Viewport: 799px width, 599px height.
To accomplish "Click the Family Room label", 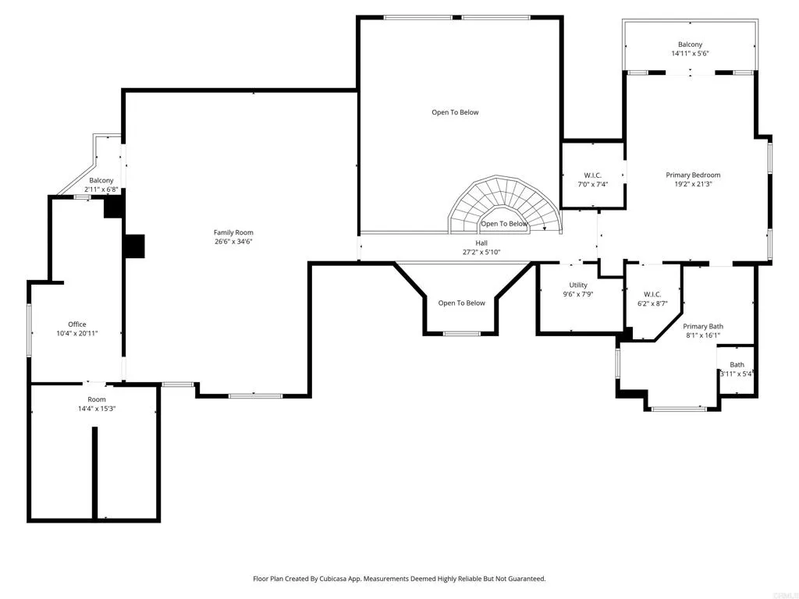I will pos(233,232).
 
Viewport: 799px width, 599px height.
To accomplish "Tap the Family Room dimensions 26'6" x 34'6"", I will pos(233,242).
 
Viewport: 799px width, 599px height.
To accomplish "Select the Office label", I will pos(76,324).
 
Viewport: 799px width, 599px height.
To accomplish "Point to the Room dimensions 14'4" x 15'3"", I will pos(97,409).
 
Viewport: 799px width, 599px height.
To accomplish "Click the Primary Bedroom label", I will pos(693,175).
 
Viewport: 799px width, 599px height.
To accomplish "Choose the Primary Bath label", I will pos(703,326).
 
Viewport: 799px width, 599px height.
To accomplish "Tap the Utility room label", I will pos(578,285).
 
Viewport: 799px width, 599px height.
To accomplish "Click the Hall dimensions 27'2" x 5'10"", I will pos(481,252).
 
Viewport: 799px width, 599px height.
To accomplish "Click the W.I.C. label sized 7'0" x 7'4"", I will pos(591,175).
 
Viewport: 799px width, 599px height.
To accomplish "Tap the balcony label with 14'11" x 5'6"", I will pos(690,44).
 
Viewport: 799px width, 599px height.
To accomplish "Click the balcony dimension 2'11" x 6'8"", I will pos(101,190).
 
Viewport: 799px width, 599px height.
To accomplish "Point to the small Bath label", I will pos(737,364).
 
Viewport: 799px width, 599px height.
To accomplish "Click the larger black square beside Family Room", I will pos(133,246).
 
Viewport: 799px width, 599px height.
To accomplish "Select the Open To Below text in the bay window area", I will pos(461,303).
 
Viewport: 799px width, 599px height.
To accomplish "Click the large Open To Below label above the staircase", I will pos(455,112).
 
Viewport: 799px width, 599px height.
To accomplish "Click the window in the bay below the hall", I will pos(462,334).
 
